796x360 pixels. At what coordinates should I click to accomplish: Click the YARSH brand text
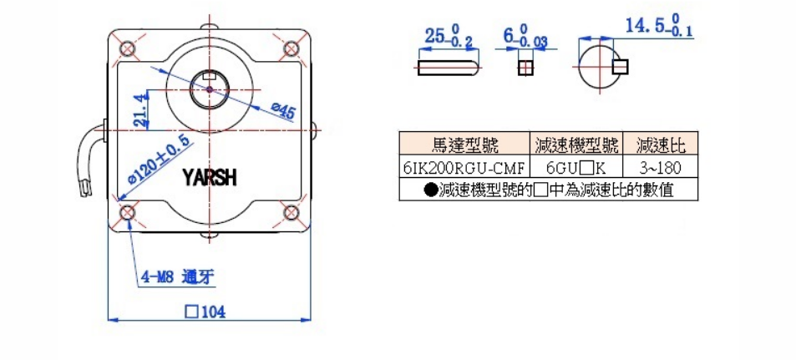click(x=210, y=178)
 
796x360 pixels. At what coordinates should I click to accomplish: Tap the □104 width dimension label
click(x=205, y=312)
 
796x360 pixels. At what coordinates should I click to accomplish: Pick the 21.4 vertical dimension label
click(x=142, y=110)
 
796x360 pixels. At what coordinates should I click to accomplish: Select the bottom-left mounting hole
click(x=127, y=212)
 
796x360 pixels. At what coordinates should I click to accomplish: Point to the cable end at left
click(x=84, y=187)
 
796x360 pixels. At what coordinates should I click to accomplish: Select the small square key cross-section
click(x=525, y=68)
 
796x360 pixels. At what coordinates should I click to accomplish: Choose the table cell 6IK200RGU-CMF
click(x=464, y=167)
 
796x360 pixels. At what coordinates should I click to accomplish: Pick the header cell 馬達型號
click(x=464, y=145)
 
